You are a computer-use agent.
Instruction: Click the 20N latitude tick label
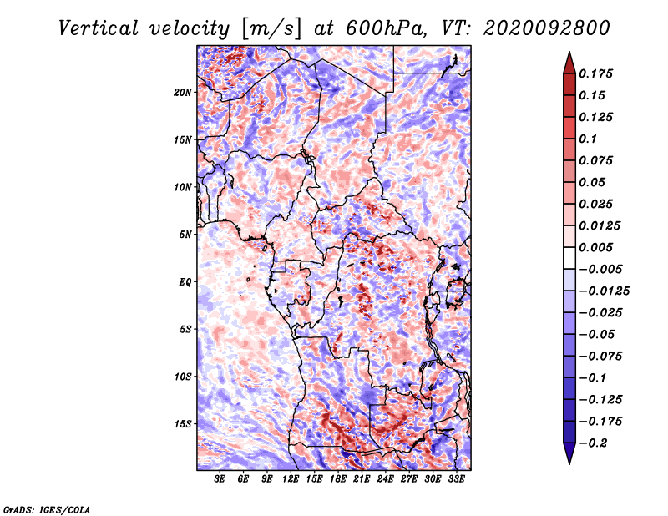pyautogui.click(x=183, y=93)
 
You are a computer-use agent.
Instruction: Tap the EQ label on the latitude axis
pyautogui.click(x=185, y=282)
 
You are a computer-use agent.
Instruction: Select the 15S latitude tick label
pyautogui.click(x=183, y=424)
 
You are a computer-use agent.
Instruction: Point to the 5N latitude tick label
pyautogui.click(x=185, y=235)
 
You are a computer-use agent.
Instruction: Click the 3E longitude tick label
pyautogui.click(x=220, y=479)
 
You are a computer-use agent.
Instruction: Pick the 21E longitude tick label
pyautogui.click(x=362, y=479)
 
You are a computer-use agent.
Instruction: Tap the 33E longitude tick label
pyautogui.click(x=456, y=479)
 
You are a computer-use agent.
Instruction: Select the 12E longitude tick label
pyautogui.click(x=291, y=479)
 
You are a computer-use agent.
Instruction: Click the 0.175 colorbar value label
pyautogui.click(x=595, y=73)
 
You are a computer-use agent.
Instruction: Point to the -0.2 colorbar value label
pyautogui.click(x=593, y=443)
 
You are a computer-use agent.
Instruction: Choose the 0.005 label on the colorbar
pyautogui.click(x=595, y=247)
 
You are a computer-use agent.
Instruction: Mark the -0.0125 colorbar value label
pyautogui.click(x=604, y=291)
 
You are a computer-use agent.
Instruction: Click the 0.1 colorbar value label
pyautogui.click(x=588, y=139)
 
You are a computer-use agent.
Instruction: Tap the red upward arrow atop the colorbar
pyautogui.click(x=569, y=63)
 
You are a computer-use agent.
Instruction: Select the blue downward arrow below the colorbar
pyautogui.click(x=569, y=453)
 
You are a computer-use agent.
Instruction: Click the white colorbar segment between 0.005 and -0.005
pyautogui.click(x=569, y=258)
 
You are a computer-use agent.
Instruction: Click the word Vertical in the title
pyautogui.click(x=99, y=28)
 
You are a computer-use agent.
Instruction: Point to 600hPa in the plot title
pyautogui.click(x=386, y=28)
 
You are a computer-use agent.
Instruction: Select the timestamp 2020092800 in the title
pyautogui.click(x=547, y=28)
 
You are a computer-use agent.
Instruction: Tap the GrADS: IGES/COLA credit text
pyautogui.click(x=47, y=509)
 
